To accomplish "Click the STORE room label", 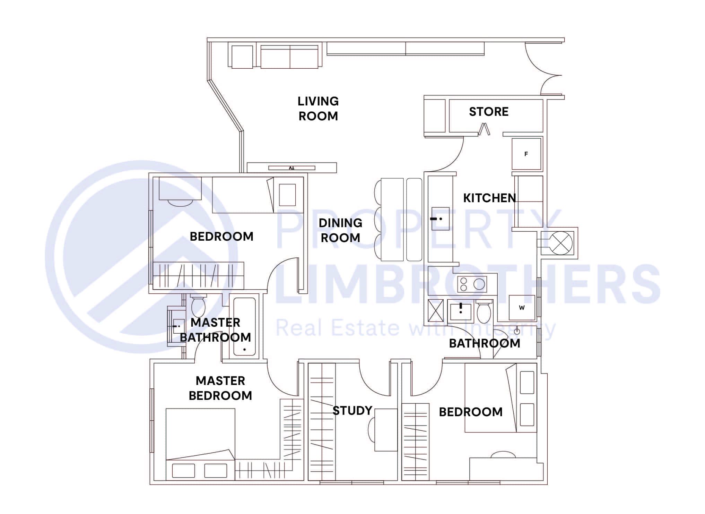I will click(x=488, y=112).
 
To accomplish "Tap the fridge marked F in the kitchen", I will click(x=526, y=154).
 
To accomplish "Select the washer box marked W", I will click(x=522, y=308).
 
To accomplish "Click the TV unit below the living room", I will click(x=291, y=168).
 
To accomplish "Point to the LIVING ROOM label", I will click(x=318, y=109).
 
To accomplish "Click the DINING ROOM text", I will click(x=340, y=230).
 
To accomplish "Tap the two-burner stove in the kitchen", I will click(x=472, y=284).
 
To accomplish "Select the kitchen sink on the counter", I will click(x=440, y=219).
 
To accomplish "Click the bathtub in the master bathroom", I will click(x=244, y=326).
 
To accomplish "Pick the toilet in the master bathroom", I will click(x=198, y=306).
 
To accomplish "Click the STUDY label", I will click(x=352, y=411).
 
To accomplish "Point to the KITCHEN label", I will click(x=489, y=198).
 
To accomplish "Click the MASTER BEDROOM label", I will click(x=220, y=388).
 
